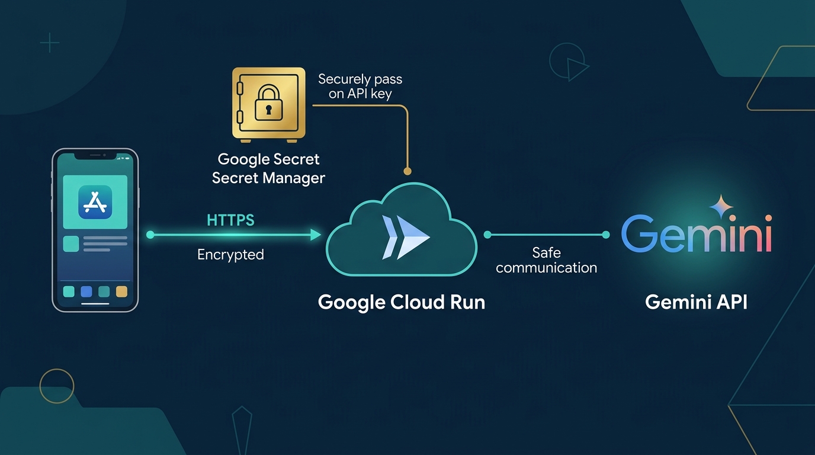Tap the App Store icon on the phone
[95, 202]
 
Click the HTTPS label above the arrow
[230, 220]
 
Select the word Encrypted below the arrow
[230, 254]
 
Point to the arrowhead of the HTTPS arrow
[316, 235]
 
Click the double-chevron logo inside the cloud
[406, 238]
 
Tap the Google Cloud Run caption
[402, 302]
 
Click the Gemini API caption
[696, 302]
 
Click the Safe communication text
[547, 260]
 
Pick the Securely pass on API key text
[360, 86]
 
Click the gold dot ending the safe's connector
[407, 171]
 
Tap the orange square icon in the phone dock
[121, 291]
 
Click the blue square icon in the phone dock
[86, 291]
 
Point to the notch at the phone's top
[95, 156]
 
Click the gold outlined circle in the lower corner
[57, 386]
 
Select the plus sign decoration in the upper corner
[50, 43]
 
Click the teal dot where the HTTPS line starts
[150, 235]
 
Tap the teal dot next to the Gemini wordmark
[606, 235]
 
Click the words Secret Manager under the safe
[268, 178]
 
